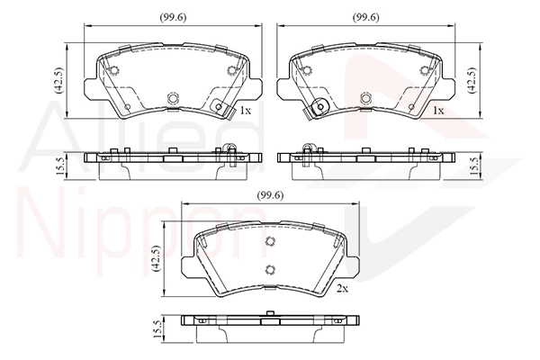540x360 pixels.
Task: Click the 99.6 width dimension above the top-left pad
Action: (x=173, y=18)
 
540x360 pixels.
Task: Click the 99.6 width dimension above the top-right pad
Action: (x=365, y=18)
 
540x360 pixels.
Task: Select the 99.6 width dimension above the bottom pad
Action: (x=270, y=195)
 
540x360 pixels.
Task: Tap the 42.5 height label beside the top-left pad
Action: (x=58, y=80)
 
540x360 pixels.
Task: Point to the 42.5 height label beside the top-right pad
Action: (x=472, y=80)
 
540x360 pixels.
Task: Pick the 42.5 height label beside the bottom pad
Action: (x=156, y=258)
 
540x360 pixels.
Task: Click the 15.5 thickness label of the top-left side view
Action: (x=59, y=166)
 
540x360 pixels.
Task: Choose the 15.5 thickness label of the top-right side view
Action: (x=474, y=166)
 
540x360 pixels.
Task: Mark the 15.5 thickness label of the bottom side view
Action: (x=157, y=329)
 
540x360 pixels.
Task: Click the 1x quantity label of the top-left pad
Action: (x=246, y=111)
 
